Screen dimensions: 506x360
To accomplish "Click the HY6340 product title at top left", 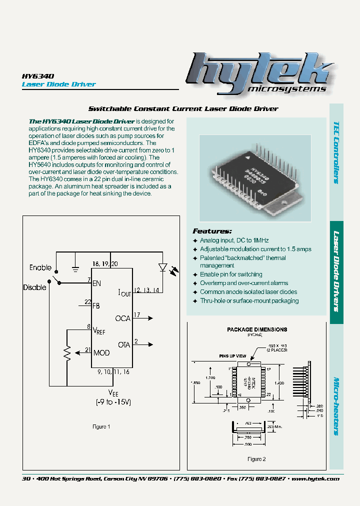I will (x=38, y=75).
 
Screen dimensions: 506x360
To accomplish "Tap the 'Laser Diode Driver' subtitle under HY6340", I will (x=58, y=84).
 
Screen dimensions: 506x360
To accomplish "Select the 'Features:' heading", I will (x=212, y=231).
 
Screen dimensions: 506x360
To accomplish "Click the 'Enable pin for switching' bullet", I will (x=230, y=274).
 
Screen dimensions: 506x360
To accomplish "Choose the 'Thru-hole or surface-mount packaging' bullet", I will (x=249, y=301).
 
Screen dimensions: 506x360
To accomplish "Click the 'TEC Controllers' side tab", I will (x=337, y=152).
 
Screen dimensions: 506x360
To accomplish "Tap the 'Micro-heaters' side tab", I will (x=337, y=405).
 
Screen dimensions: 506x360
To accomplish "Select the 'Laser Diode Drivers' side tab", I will (x=337, y=271).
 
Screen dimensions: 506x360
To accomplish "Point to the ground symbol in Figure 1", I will (x=75, y=269).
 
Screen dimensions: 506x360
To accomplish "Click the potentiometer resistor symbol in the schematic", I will (x=67, y=354).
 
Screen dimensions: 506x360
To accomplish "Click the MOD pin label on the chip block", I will (x=101, y=353).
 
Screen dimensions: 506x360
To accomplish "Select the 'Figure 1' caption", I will (x=101, y=426).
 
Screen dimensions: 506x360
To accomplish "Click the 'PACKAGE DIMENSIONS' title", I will (x=257, y=329).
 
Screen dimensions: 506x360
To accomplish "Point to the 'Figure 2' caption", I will (x=256, y=459).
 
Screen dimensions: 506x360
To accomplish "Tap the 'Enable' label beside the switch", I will (x=40, y=267).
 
